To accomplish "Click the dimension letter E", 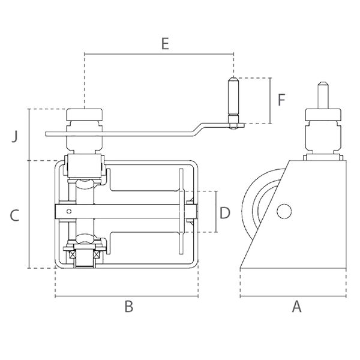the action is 165,44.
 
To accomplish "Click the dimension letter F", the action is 281,100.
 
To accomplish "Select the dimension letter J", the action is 14,137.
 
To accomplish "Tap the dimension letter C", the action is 14,215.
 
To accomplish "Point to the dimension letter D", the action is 225,213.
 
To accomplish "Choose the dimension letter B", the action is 128,307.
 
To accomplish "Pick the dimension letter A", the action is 296,307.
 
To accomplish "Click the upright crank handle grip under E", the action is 233,97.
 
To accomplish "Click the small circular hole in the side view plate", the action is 284,211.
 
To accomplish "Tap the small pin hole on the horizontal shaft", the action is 69,211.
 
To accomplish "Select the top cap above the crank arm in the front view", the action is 84,115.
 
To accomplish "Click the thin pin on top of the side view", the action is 323,95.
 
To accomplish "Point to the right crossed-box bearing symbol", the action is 96,254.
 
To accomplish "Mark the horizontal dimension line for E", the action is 159,54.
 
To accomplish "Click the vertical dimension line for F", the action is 271,101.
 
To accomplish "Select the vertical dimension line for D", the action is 216,211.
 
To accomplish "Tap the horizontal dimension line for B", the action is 127,296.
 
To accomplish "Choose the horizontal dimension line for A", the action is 293,296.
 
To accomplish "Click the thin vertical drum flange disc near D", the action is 181,211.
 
